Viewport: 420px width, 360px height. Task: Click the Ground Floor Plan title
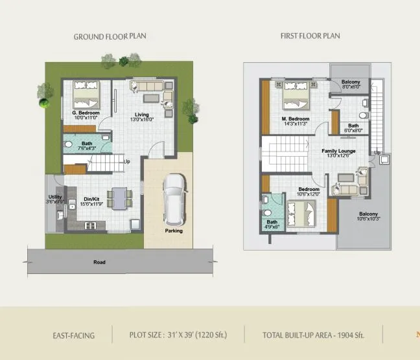[110, 36]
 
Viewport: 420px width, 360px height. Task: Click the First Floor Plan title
[310, 36]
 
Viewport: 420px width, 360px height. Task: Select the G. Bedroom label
[86, 113]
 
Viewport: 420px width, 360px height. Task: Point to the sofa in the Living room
[146, 86]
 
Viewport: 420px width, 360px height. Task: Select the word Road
[99, 262]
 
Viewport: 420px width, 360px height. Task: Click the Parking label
[174, 231]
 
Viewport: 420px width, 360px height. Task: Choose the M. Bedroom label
[295, 119]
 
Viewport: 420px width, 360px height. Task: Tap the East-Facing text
[73, 335]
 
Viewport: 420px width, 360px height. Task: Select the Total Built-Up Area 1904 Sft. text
[314, 335]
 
